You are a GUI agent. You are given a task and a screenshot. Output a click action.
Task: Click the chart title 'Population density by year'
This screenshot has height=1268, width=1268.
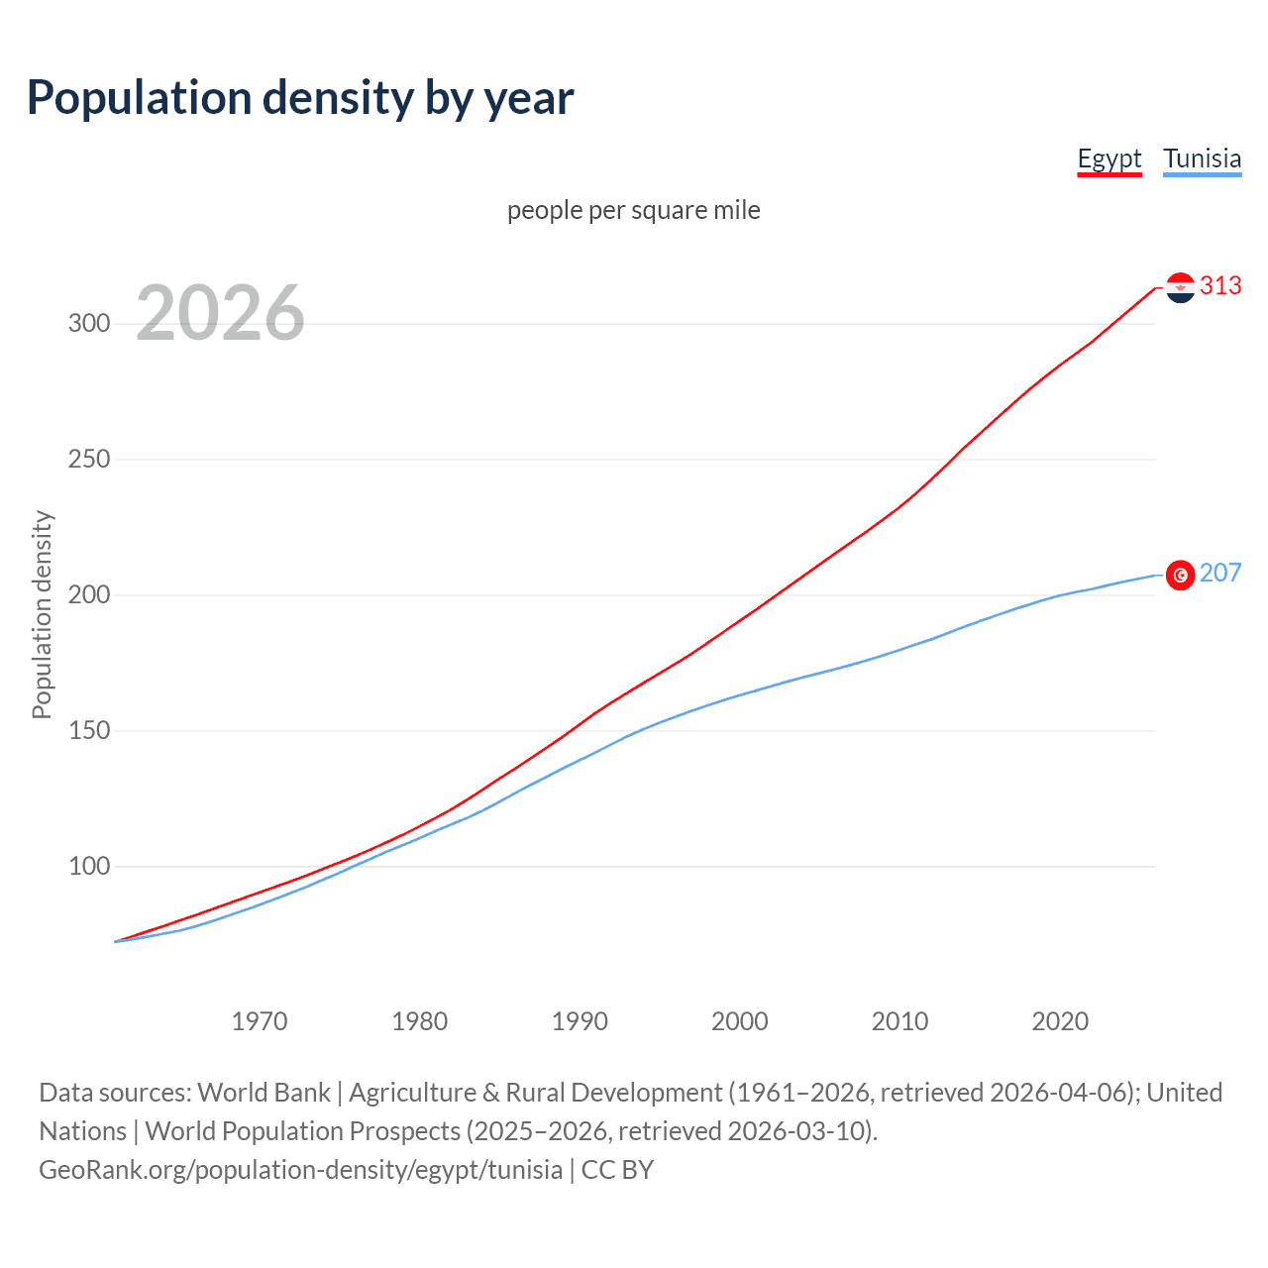coord(300,98)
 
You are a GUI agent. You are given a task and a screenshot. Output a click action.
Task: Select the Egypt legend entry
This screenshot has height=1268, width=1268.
coord(1109,159)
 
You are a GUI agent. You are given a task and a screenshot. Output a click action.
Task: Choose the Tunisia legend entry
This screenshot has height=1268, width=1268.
coord(1202,159)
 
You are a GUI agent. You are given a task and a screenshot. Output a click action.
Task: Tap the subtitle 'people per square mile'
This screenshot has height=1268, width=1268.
coord(634,211)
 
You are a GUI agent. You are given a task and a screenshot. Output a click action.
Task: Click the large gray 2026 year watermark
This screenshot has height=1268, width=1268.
coord(220,313)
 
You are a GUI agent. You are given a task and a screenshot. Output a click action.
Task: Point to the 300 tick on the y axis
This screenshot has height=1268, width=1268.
coord(89,324)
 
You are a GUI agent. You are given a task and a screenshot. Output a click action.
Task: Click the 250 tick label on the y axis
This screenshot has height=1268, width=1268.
coord(89,460)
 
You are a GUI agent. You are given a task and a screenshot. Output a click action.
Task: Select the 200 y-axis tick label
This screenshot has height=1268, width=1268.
coord(89,595)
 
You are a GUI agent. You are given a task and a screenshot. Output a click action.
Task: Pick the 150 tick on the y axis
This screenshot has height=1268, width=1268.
coord(89,731)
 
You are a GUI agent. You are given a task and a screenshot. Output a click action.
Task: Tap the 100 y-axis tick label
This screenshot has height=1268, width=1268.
coord(89,867)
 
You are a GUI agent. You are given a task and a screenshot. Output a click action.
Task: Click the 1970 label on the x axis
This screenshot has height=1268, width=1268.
coord(260,1021)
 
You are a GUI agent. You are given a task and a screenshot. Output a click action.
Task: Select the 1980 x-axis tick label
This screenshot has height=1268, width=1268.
coord(420,1021)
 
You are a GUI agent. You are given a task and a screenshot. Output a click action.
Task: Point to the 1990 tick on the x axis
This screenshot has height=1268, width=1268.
coord(580,1021)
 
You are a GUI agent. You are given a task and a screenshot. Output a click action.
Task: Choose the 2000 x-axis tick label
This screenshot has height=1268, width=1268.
coord(740,1021)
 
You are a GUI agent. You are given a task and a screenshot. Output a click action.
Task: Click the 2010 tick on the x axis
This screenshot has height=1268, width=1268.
coord(899,1021)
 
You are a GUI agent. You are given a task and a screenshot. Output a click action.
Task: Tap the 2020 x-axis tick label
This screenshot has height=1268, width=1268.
coord(1060,1021)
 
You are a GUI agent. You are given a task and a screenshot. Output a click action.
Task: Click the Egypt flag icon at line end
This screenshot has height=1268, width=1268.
coord(1180,287)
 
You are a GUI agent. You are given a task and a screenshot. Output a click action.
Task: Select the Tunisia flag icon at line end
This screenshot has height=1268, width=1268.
coord(1180,575)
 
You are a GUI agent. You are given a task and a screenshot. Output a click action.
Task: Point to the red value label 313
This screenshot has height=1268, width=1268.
coord(1220,286)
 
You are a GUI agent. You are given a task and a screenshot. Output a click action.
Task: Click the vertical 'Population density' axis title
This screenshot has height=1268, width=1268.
coord(42,614)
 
